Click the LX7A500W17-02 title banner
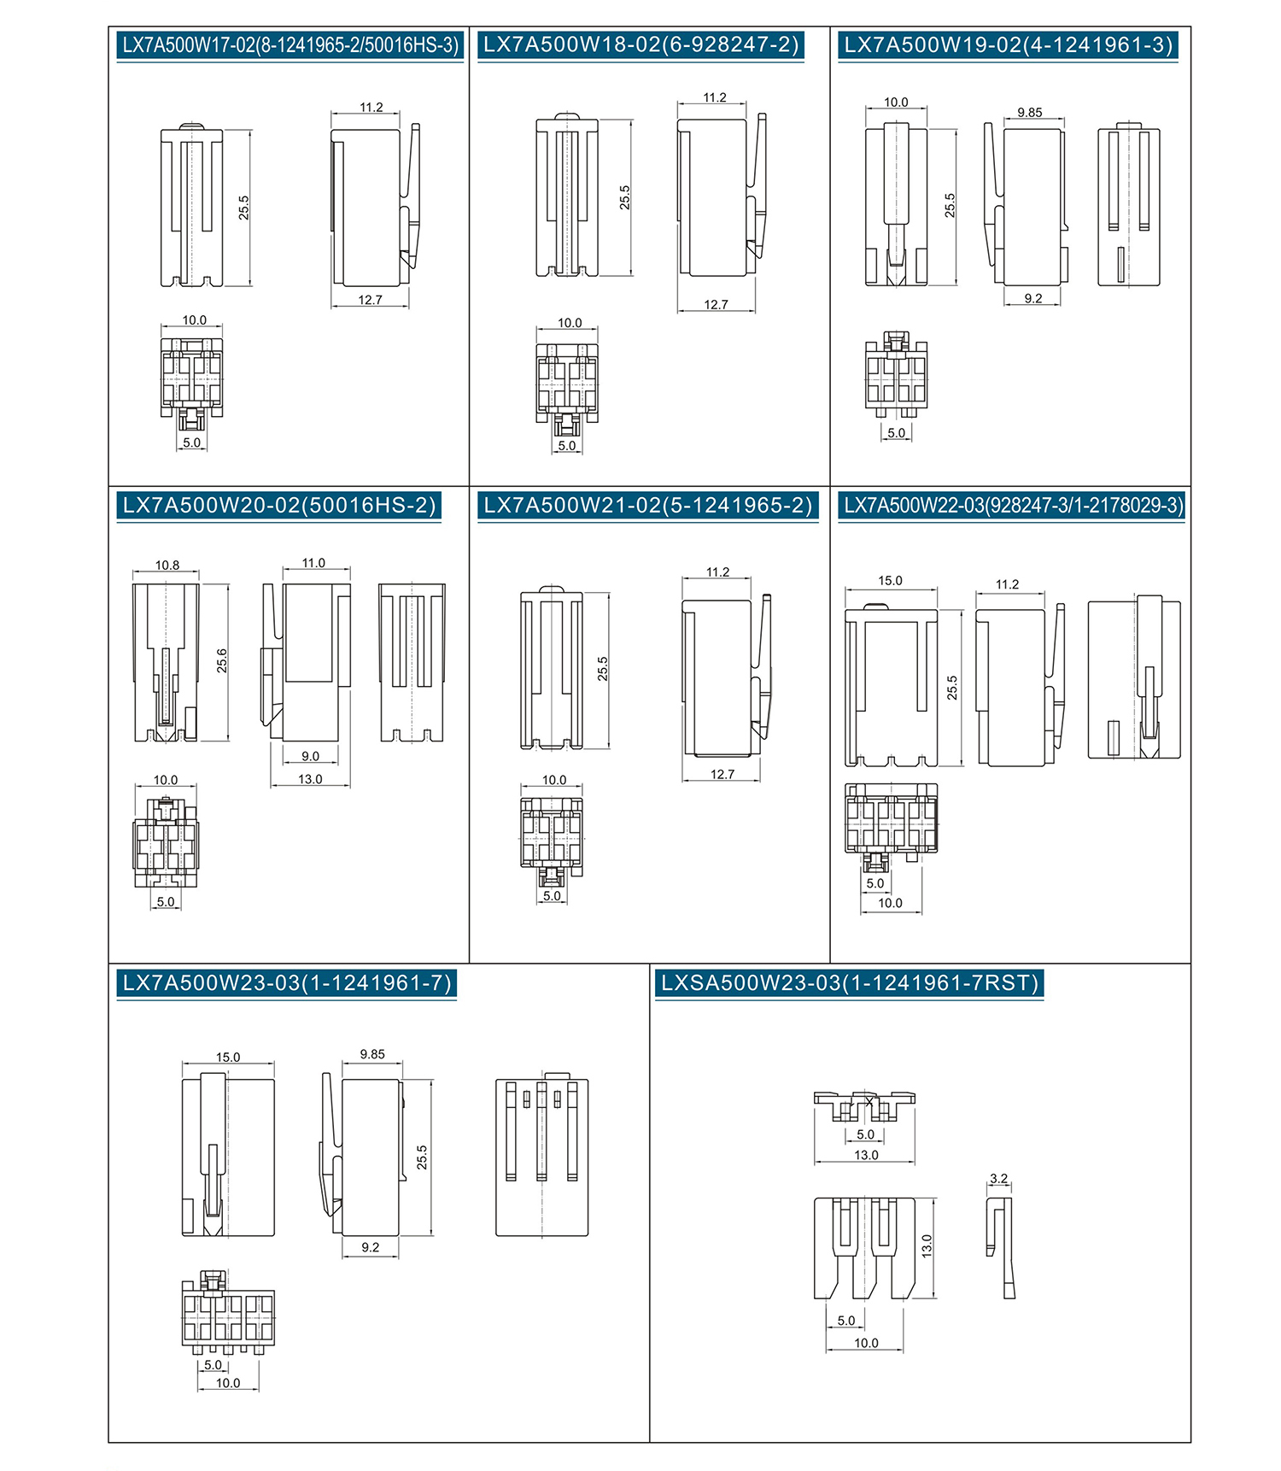coord(290,45)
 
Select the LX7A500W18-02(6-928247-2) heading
coord(640,45)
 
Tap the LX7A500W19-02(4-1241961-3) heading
coord(1009,45)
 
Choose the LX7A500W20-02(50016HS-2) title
coord(279,505)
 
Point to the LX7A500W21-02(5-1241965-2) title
coord(648,505)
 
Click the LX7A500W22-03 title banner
coord(1013,505)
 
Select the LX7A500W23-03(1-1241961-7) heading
coord(287,982)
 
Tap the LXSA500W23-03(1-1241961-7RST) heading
coord(850,982)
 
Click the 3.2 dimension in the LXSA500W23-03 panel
coord(998,1179)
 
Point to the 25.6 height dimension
coord(222,660)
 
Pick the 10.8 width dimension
coord(167,566)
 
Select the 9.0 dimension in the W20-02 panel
coord(310,757)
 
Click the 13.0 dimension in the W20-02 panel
coord(310,779)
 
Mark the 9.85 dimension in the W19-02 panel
coord(1030,113)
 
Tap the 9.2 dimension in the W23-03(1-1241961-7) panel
coord(370,1247)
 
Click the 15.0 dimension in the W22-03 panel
coord(890,581)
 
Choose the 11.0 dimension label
coord(313,563)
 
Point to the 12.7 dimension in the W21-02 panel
coord(722,774)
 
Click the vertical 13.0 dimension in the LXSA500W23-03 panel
coord(927,1245)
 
